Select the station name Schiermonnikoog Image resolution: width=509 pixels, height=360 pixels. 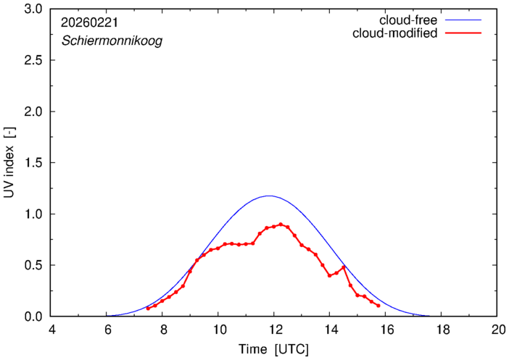click(107, 41)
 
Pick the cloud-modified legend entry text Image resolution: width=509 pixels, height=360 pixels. click(394, 33)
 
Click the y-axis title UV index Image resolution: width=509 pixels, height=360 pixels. click(9, 163)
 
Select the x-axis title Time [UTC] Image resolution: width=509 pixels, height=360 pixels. click(274, 349)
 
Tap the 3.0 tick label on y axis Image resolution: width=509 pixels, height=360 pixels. click(34, 9)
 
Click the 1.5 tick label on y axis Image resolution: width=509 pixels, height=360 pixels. click(34, 163)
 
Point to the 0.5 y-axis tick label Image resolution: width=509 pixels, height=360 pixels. click(34, 265)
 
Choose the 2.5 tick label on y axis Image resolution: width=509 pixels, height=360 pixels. click(34, 61)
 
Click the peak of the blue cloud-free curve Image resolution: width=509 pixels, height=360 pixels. click(270, 196)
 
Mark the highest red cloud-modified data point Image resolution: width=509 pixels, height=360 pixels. click(281, 225)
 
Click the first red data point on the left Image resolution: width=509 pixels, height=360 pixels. click(148, 309)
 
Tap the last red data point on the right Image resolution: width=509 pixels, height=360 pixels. click(378, 306)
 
